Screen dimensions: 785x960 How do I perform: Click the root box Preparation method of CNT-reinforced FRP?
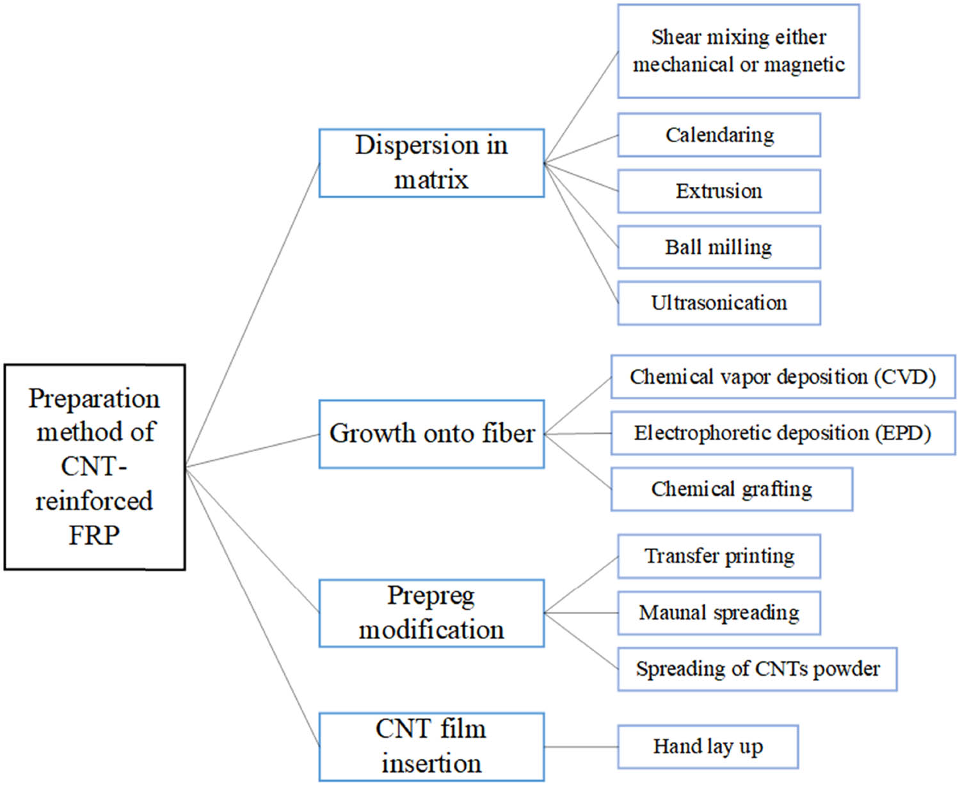95,466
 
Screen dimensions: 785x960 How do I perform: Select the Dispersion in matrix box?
431,163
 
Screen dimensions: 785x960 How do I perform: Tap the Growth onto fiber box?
431,434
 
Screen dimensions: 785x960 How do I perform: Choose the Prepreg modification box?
431,613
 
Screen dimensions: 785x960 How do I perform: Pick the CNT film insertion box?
431,746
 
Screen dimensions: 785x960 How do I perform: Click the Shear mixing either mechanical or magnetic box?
738,51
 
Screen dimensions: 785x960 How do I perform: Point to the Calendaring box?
719,135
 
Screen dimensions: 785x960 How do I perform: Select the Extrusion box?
719,191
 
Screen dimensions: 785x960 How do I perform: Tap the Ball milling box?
719,247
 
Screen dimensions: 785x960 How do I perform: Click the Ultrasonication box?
719,303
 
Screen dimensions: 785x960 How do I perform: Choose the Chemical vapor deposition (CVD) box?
783,377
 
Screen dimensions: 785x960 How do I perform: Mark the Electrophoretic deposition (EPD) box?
783,433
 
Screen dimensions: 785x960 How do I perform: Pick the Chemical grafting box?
732,489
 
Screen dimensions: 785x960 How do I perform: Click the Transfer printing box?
719,556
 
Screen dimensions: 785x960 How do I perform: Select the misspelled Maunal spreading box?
719,613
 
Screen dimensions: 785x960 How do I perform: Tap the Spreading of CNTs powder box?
757,669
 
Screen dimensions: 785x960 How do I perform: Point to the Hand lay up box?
708,747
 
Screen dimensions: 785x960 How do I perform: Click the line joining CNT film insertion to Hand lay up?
581,747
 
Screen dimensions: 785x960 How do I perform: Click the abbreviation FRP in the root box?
94,535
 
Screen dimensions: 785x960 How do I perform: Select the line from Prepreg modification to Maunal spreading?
581,613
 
